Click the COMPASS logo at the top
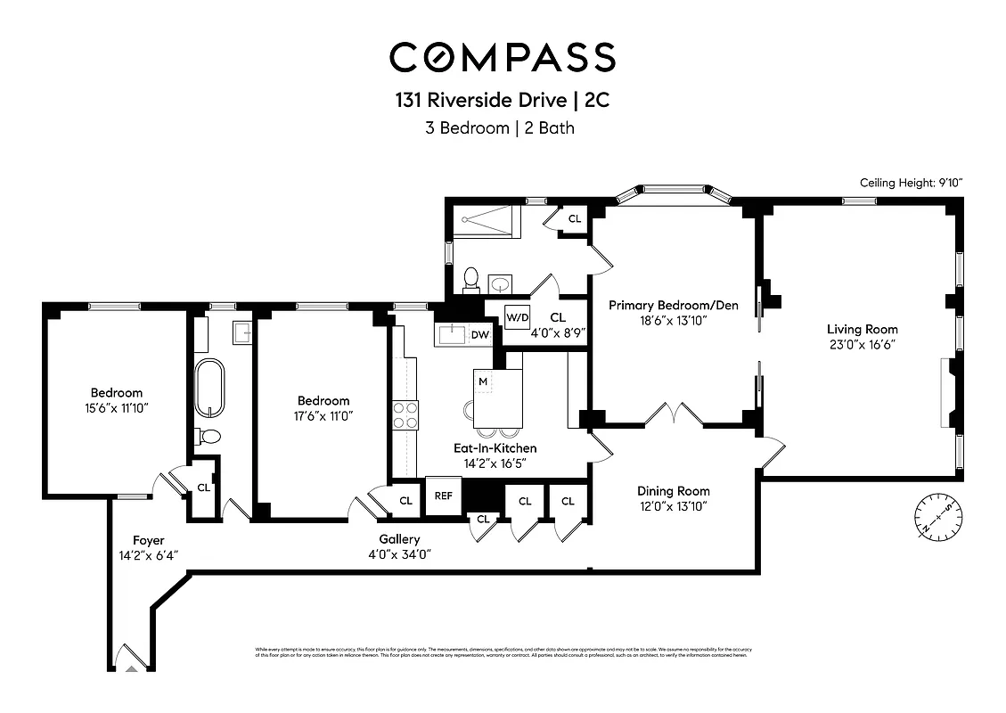click(x=503, y=57)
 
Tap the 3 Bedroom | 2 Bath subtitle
click(x=503, y=127)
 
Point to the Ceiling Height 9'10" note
click(x=911, y=183)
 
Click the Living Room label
click(x=862, y=330)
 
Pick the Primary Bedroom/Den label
click(x=673, y=306)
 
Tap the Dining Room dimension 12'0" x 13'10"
click(x=673, y=506)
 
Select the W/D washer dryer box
click(x=517, y=317)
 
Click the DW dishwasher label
click(x=479, y=335)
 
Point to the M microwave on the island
click(x=483, y=381)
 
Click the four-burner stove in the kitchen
click(x=405, y=417)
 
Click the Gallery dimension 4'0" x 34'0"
click(x=399, y=553)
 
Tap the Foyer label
click(x=149, y=540)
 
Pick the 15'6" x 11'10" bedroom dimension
click(x=116, y=408)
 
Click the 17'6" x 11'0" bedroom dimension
click(x=323, y=415)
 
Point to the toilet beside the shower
click(x=471, y=280)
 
